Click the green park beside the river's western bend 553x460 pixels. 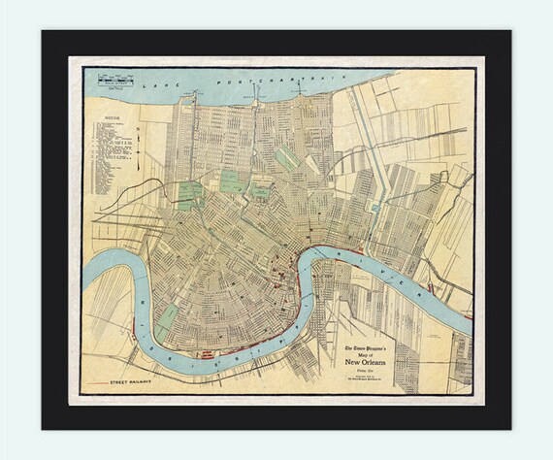click(x=168, y=316)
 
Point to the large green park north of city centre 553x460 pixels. click(x=231, y=180)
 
